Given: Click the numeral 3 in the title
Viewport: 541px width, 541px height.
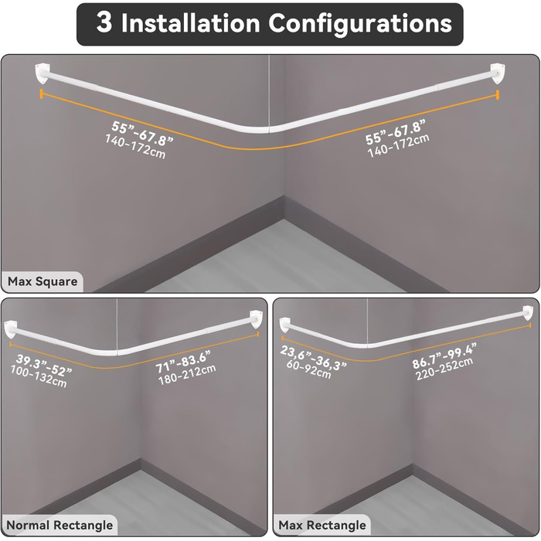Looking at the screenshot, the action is tap(104, 22).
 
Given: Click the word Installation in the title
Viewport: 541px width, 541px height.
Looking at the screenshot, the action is tap(190, 22).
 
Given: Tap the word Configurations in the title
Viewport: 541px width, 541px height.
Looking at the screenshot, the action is tap(360, 24).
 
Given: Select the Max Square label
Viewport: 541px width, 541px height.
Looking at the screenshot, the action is tap(43, 281).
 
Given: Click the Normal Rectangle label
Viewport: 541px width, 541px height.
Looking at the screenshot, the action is tap(60, 525).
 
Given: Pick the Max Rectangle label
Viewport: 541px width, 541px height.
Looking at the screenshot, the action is tap(322, 525).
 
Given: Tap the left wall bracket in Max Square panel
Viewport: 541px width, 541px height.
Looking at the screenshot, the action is tap(43, 72).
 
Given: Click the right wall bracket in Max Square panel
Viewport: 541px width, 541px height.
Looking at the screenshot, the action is tap(498, 73).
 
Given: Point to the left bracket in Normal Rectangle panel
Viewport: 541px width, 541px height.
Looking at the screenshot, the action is tap(10, 329).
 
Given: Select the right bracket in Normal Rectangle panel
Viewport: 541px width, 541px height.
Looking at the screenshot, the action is tap(257, 319).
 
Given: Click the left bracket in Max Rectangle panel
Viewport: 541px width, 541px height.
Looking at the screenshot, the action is tap(284, 325).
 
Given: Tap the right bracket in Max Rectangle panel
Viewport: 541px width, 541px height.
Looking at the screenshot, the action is tap(528, 313).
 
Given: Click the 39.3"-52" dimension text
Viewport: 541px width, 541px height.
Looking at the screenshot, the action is tap(44, 366).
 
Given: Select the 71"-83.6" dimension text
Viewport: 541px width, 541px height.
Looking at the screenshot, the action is tap(183, 362).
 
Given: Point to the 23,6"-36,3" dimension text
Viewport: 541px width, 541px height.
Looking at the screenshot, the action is tap(313, 357).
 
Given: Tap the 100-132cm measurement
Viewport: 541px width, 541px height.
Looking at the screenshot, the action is tap(39, 376).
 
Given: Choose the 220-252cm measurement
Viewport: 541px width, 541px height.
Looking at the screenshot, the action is tap(444, 369).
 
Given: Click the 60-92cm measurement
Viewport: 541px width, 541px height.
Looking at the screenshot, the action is tap(308, 369).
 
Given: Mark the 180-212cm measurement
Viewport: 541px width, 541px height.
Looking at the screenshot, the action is tap(187, 374).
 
